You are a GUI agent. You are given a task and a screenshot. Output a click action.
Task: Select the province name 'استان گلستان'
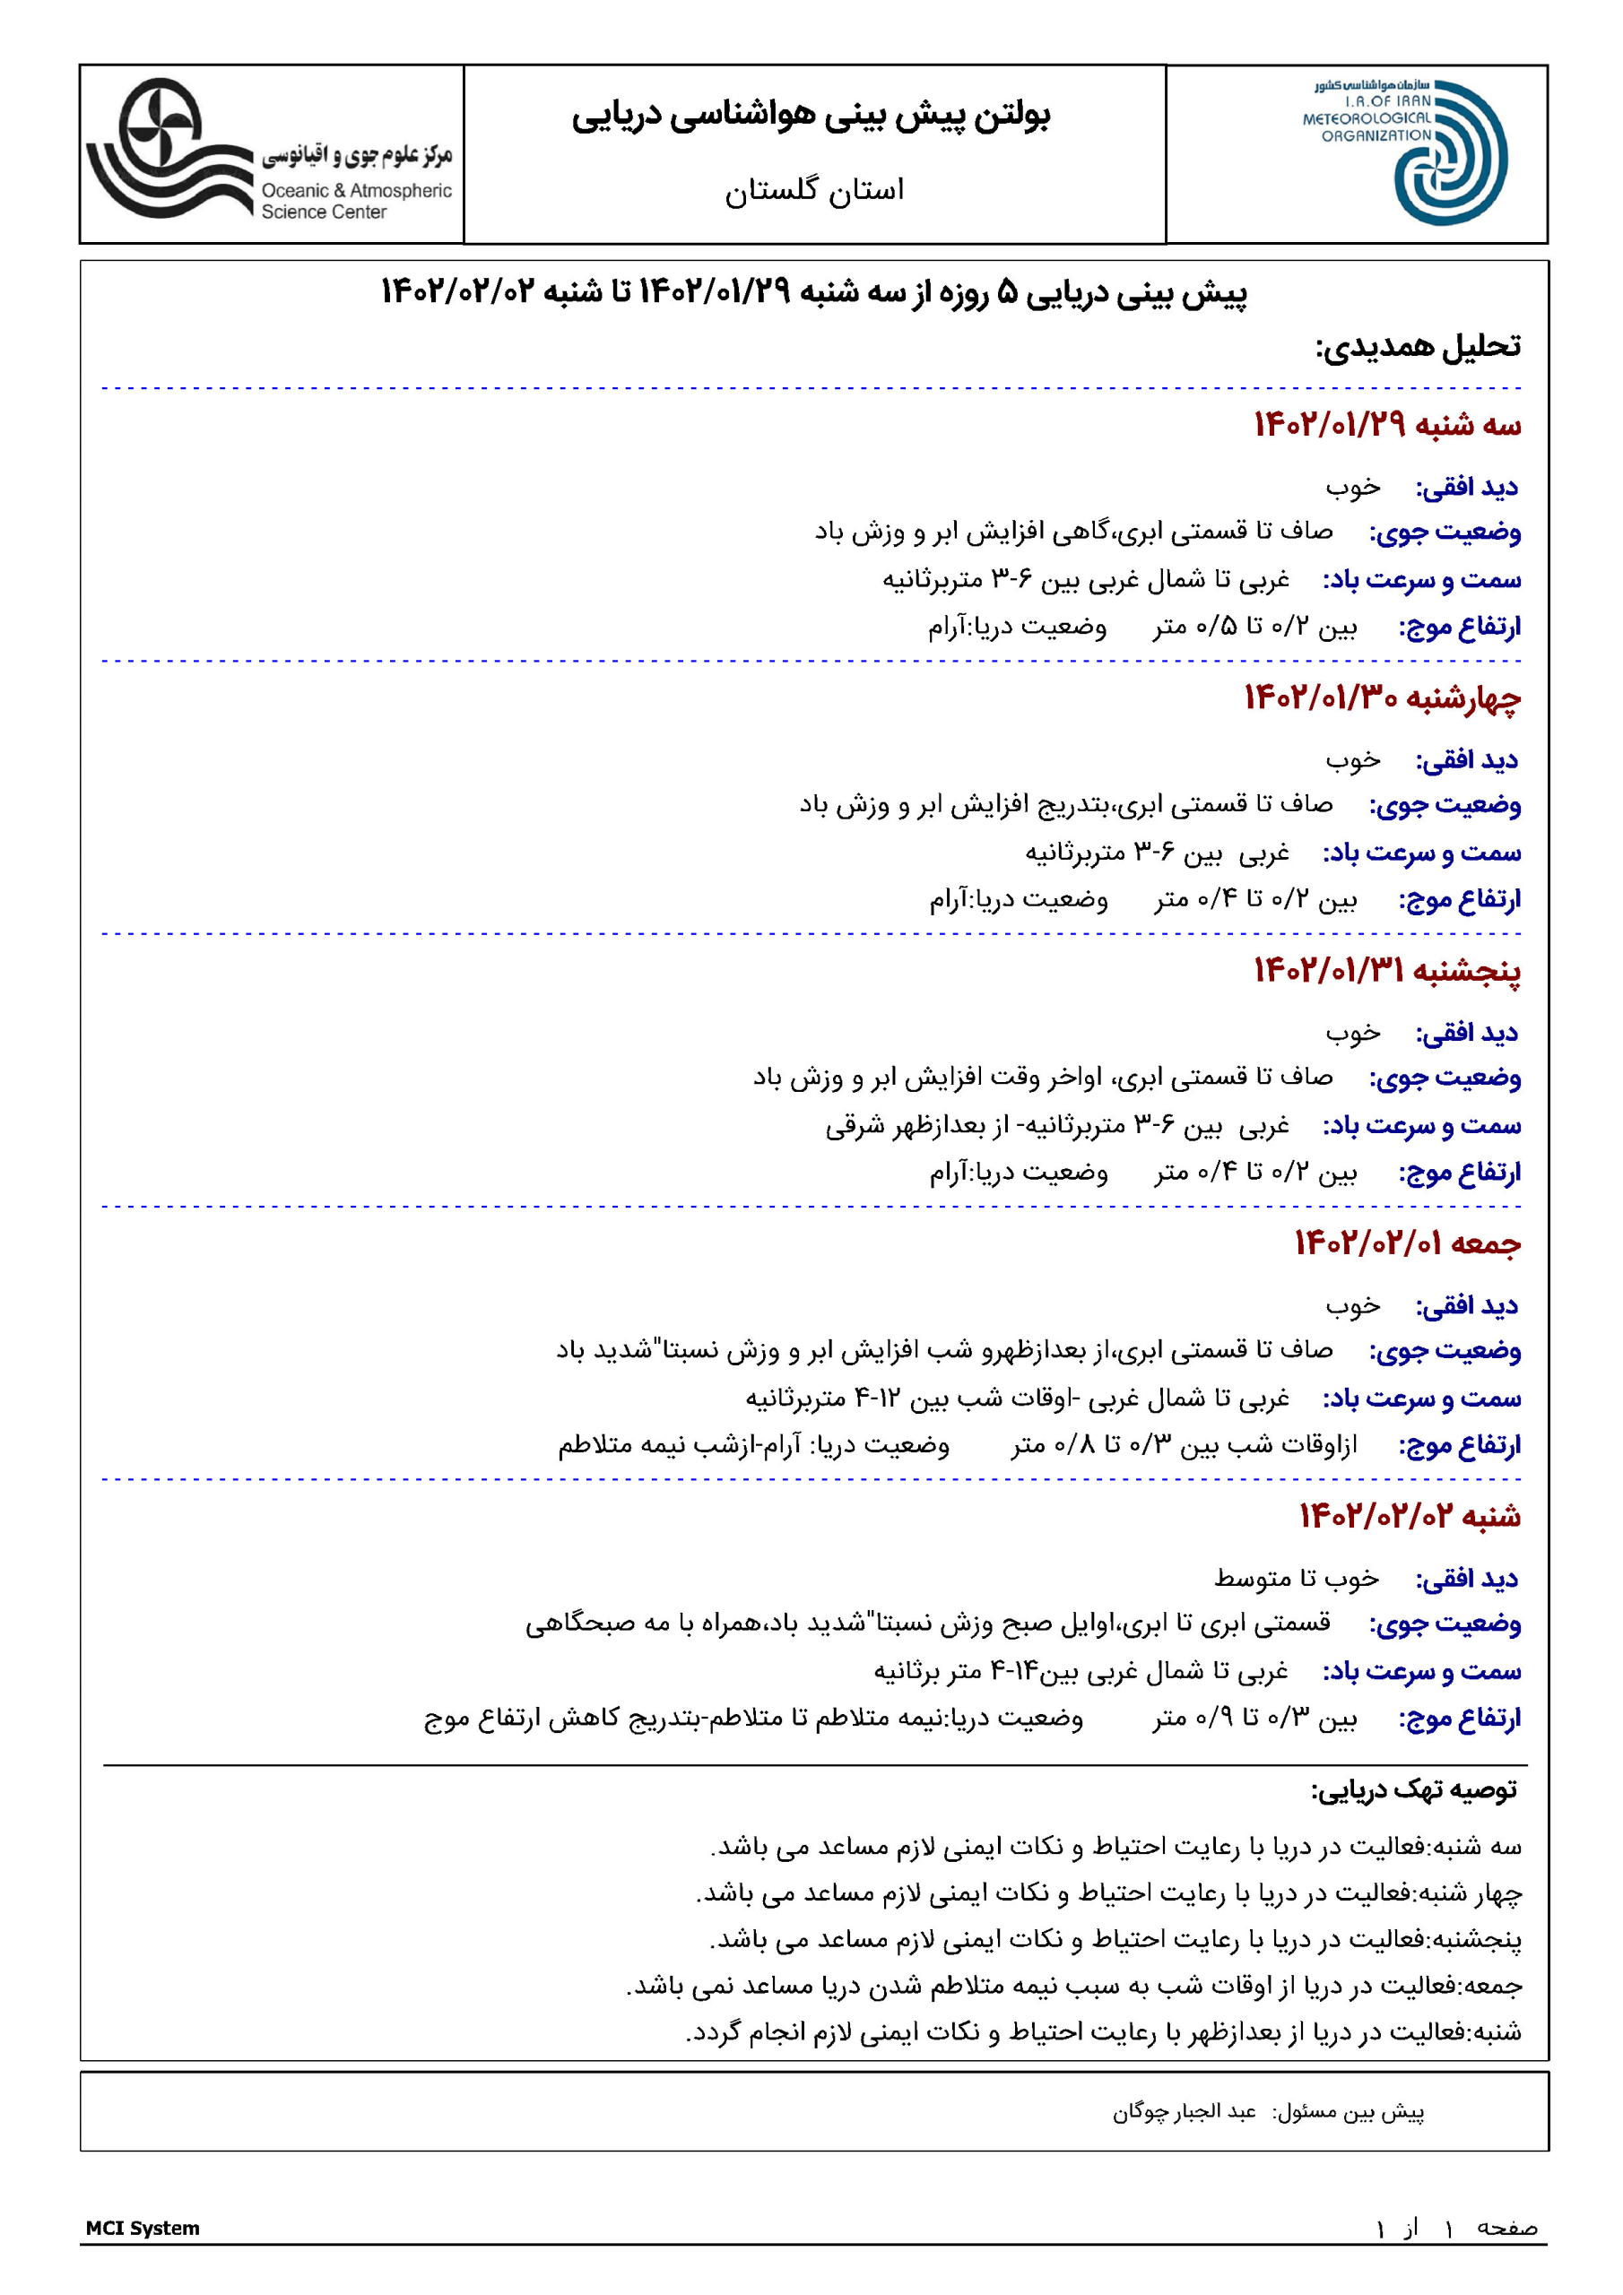click(x=814, y=190)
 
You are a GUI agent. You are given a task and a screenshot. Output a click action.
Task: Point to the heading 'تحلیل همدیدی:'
click(x=1417, y=346)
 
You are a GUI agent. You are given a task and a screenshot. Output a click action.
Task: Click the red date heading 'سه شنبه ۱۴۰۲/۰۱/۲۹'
click(x=1387, y=425)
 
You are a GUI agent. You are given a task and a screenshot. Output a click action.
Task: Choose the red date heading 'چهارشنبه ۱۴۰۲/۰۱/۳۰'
click(x=1382, y=697)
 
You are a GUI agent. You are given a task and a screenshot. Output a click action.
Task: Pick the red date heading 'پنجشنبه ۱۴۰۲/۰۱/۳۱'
click(x=1387, y=970)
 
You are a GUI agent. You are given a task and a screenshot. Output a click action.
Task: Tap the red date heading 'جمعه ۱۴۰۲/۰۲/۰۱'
click(x=1407, y=1243)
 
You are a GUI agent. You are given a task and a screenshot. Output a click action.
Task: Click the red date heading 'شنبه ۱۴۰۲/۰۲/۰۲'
click(x=1409, y=1515)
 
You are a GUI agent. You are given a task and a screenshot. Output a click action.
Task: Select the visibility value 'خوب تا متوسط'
click(x=1296, y=1579)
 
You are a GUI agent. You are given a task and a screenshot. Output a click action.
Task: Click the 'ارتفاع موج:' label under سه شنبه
click(x=1459, y=627)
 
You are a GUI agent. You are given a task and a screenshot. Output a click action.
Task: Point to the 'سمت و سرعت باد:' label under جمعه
click(x=1421, y=1399)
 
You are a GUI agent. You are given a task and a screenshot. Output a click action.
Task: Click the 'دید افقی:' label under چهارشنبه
click(x=1466, y=761)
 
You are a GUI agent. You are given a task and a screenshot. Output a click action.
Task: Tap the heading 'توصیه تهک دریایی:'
click(x=1413, y=1789)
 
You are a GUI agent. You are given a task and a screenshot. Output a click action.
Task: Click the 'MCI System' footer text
click(x=142, y=2228)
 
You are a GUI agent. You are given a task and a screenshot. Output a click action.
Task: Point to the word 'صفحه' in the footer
click(x=1506, y=2228)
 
